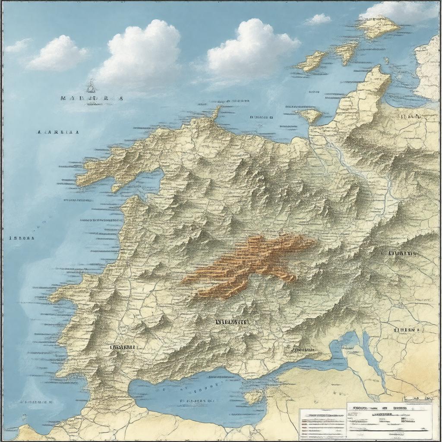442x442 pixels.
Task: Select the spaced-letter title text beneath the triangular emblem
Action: (x=92, y=98)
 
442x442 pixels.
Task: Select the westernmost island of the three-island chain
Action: (x=310, y=61)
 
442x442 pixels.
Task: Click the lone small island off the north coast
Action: (x=310, y=115)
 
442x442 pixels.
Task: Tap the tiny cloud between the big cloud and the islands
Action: (x=318, y=19)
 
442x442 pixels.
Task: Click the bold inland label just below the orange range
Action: (x=235, y=322)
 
